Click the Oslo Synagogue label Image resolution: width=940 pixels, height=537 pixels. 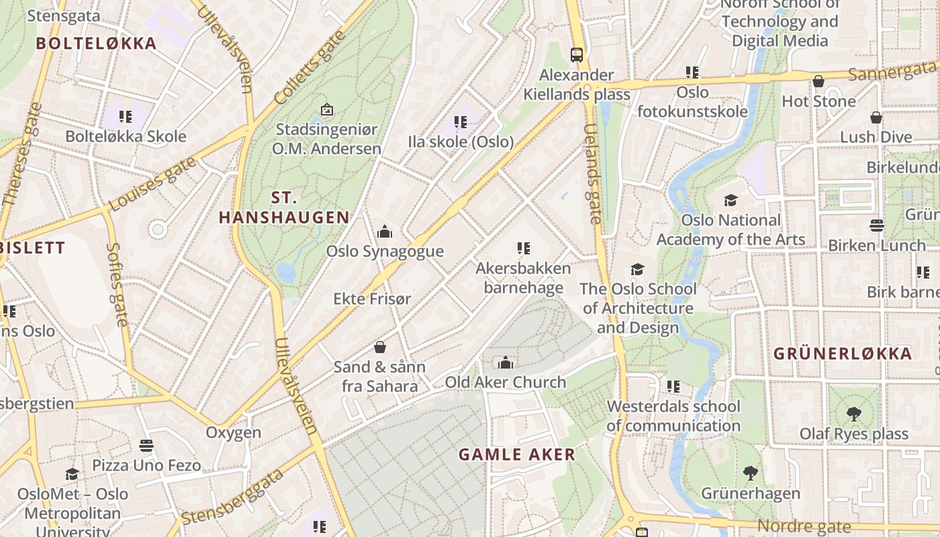(x=385, y=252)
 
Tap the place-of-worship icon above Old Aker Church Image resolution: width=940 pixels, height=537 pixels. (x=506, y=363)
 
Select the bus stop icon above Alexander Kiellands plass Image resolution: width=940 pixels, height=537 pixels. (x=576, y=54)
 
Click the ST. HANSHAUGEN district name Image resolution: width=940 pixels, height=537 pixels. (x=284, y=207)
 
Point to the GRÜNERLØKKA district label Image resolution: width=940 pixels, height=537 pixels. (x=843, y=354)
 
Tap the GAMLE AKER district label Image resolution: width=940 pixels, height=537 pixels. (x=517, y=454)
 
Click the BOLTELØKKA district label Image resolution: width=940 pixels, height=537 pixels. (x=96, y=44)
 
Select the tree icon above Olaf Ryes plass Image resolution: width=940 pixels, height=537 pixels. (x=853, y=413)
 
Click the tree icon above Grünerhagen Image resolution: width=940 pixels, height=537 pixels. (x=751, y=473)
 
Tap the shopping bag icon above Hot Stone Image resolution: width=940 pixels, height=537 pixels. (x=818, y=82)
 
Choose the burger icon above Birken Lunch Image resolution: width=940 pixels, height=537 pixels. (x=876, y=225)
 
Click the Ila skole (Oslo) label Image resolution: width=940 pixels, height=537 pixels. (x=461, y=142)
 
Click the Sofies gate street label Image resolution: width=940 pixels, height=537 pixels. (x=117, y=285)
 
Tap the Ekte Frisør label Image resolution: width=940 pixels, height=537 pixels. (x=372, y=299)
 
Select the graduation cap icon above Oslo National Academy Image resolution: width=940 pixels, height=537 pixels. (x=731, y=200)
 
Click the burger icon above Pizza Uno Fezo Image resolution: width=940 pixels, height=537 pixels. (x=146, y=445)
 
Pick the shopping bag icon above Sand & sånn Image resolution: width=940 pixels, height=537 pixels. (x=379, y=347)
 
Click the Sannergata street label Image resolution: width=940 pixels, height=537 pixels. (x=892, y=70)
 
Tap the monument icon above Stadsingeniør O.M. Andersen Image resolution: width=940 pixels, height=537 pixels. (x=326, y=109)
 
